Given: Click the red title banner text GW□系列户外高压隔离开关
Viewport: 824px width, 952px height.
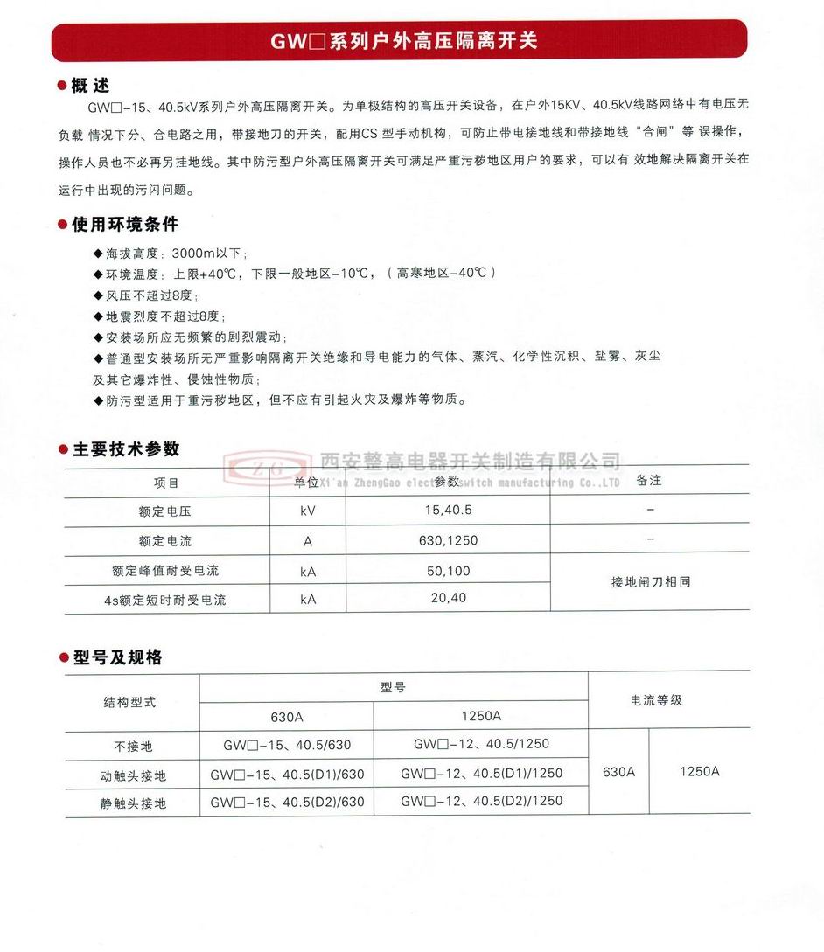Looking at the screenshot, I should [x=403, y=40].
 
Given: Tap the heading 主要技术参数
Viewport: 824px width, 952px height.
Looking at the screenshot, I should [x=125, y=448].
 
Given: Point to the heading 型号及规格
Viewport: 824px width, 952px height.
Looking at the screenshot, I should [x=116, y=657].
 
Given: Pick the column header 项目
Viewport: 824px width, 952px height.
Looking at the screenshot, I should [x=166, y=483].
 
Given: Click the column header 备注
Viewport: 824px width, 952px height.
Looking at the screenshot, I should [x=649, y=481].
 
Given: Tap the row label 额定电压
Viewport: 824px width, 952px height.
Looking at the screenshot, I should [x=165, y=511].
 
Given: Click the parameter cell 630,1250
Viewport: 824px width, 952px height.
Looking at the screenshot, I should [x=448, y=540].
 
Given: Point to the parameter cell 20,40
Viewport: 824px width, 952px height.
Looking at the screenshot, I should [x=449, y=598].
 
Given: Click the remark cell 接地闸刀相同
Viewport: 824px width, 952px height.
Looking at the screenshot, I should [x=650, y=581].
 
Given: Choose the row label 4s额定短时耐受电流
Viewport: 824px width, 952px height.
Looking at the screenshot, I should [x=165, y=601].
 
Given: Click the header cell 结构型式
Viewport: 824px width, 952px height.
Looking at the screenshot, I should [x=131, y=702].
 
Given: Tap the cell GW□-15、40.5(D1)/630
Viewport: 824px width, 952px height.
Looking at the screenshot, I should [x=287, y=775].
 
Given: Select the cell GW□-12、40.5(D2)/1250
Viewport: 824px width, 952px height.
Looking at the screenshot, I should [x=481, y=801].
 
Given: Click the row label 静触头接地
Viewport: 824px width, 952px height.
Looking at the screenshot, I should [x=132, y=803].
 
